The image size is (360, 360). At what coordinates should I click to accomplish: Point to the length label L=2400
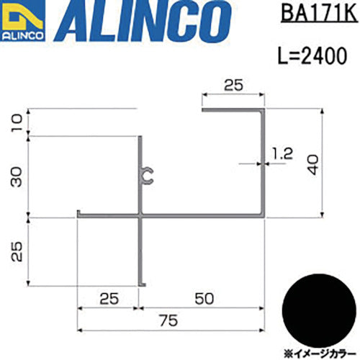coord(311,55)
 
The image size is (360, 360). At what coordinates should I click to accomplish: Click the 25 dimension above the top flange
coord(232,85)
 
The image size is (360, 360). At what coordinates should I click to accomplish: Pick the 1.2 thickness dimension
coord(284,152)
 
